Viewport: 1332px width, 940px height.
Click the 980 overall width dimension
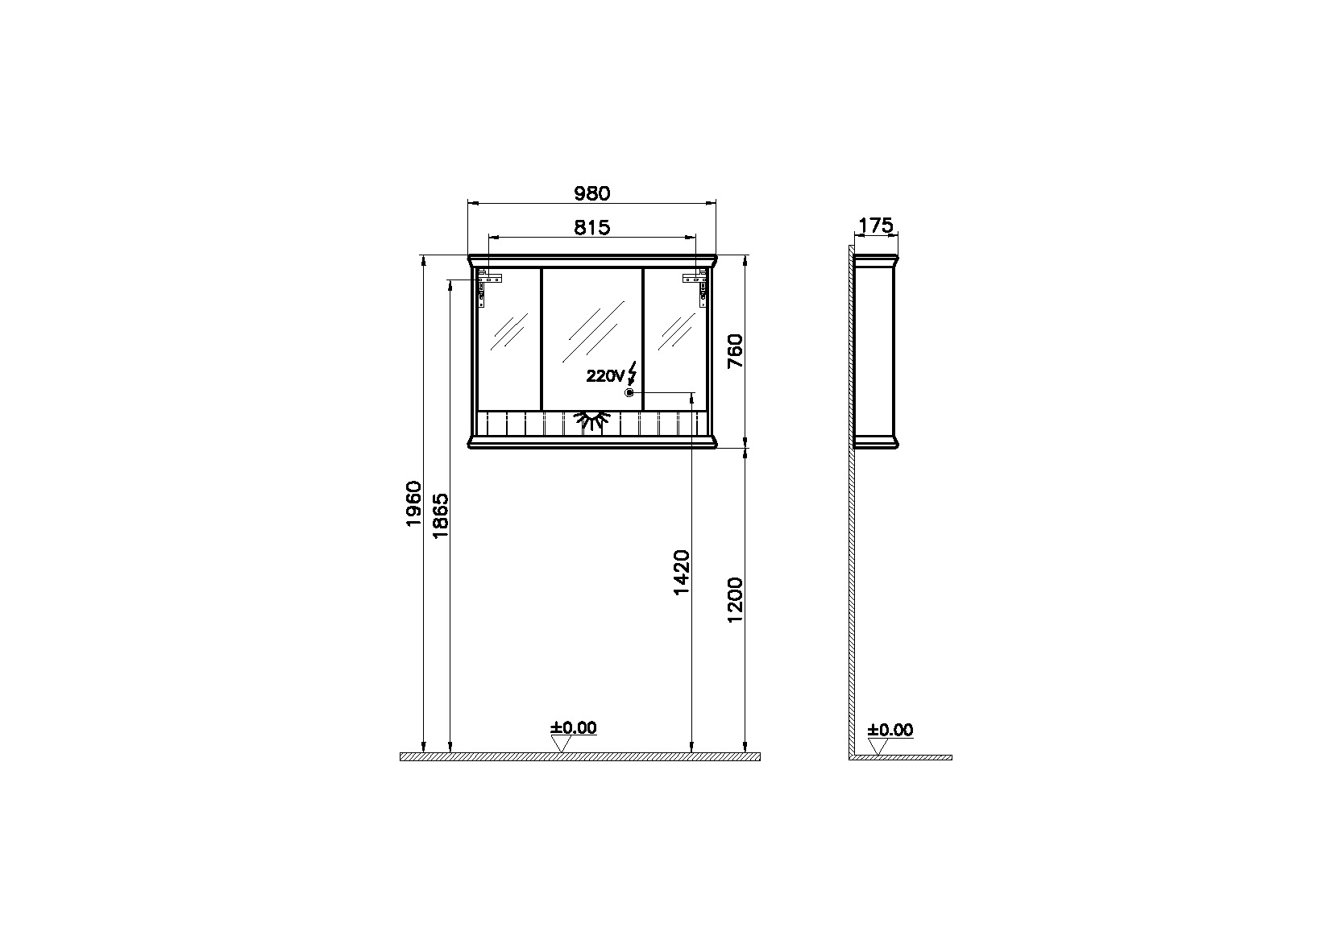point(591,193)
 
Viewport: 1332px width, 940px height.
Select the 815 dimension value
point(591,227)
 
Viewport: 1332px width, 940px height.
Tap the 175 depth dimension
point(876,226)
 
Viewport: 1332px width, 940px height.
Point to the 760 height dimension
point(736,351)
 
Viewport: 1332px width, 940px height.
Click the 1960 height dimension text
point(414,503)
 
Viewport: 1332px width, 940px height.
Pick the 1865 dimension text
point(441,516)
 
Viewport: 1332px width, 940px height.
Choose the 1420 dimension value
point(682,573)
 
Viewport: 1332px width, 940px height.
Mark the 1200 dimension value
point(736,600)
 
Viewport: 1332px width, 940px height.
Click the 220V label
point(605,376)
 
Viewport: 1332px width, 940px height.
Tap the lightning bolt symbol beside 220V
point(632,373)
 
